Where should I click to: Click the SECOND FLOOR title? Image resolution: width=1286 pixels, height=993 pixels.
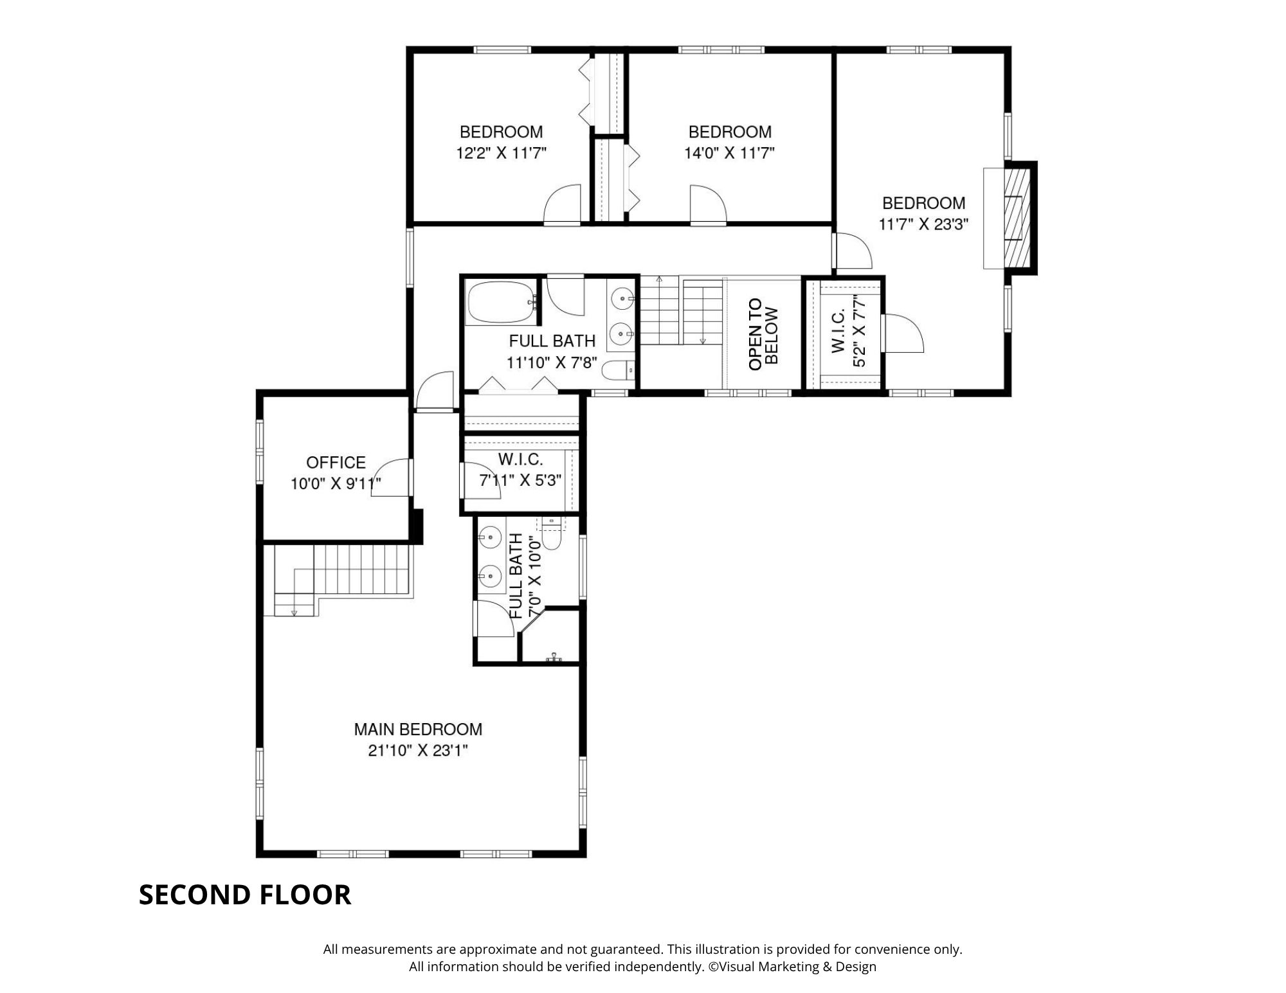click(x=245, y=895)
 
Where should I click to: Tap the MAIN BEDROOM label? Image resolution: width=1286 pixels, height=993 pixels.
click(x=418, y=729)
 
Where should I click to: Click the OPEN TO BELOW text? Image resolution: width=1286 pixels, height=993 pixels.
click(x=764, y=334)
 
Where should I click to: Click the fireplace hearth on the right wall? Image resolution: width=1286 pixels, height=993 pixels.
click(x=1018, y=218)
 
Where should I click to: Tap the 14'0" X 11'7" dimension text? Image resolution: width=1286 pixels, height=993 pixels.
click(x=729, y=153)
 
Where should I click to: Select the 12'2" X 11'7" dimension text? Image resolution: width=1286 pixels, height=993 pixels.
click(x=501, y=153)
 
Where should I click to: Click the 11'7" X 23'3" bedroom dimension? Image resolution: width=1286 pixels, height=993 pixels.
click(x=923, y=224)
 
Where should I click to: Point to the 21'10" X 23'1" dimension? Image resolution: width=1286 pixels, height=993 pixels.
click(x=418, y=750)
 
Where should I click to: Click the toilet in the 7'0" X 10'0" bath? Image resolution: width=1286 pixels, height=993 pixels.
click(x=551, y=533)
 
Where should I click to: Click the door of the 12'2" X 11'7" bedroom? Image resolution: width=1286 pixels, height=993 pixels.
click(x=562, y=204)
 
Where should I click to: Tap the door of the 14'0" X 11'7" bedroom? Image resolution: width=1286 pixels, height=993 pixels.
click(x=708, y=204)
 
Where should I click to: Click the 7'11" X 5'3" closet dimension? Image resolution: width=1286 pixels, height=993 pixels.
click(x=520, y=480)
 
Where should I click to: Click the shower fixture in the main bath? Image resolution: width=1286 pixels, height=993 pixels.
click(x=554, y=657)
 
